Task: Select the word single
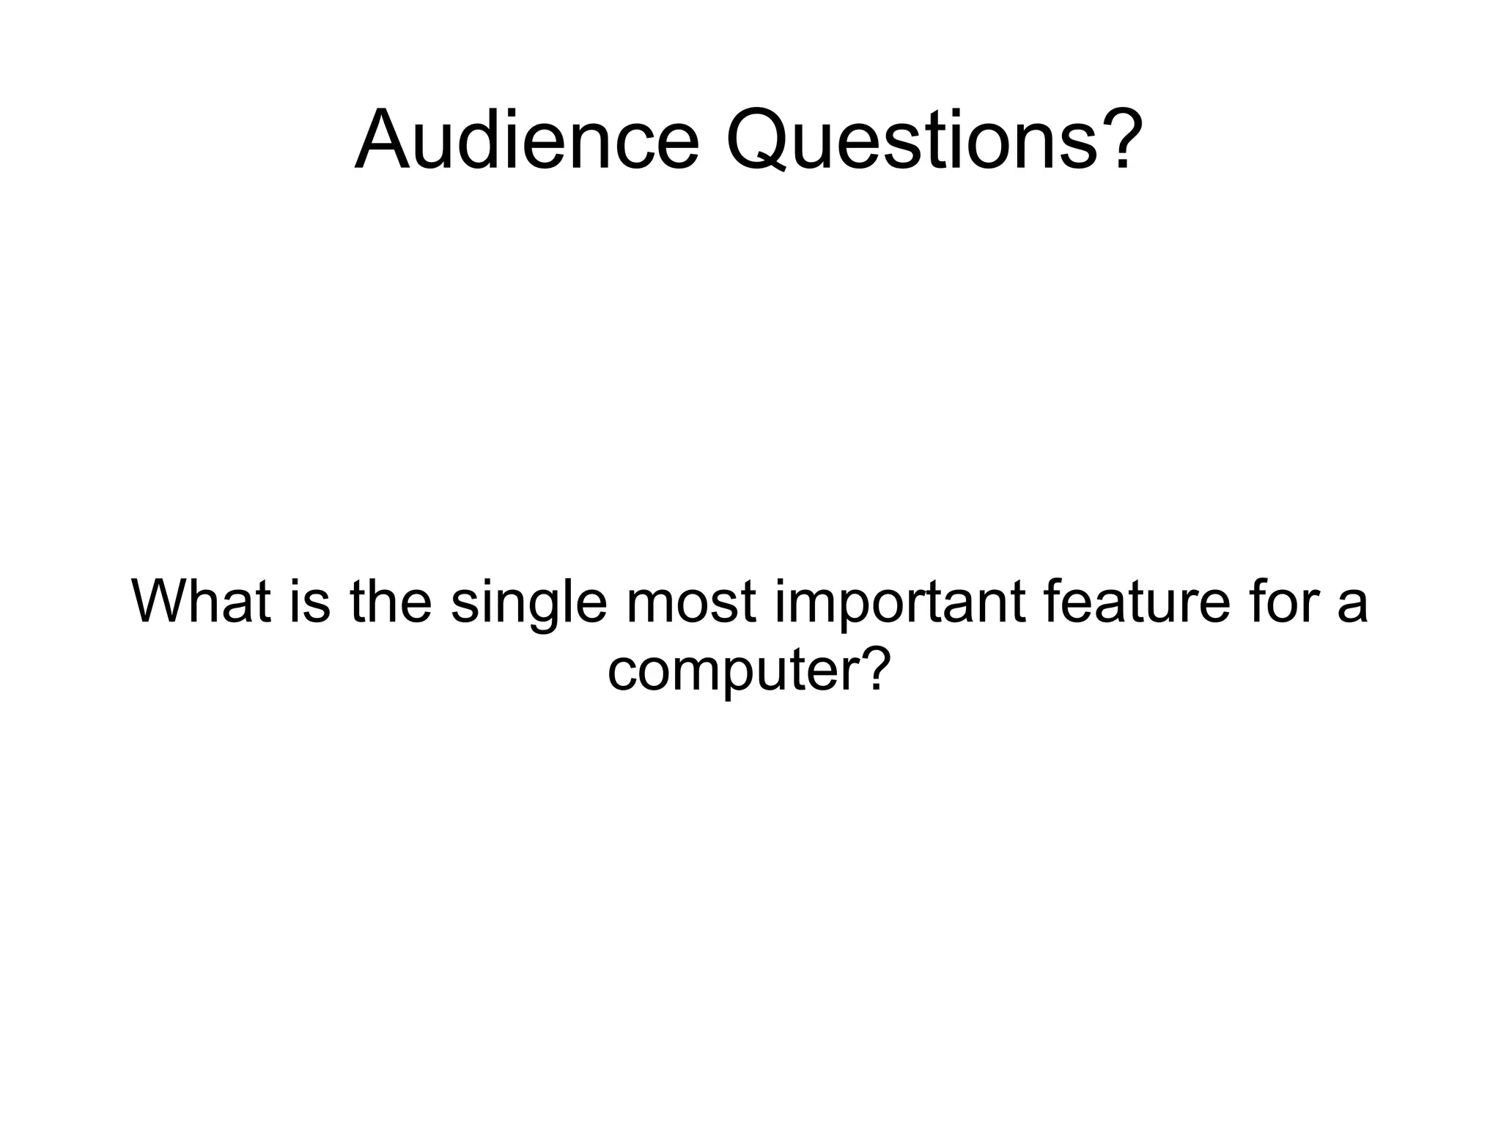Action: point(529,602)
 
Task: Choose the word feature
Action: point(1135,602)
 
